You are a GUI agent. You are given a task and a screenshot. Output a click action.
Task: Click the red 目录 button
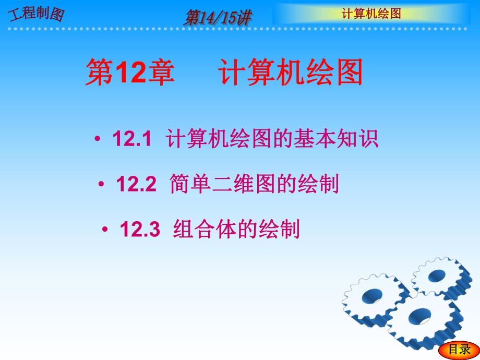pyautogui.click(x=460, y=350)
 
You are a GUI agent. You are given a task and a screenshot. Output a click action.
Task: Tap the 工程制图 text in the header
pyautogui.click(x=35, y=14)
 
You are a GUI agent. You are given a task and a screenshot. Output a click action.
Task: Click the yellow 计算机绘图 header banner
pyautogui.click(x=371, y=14)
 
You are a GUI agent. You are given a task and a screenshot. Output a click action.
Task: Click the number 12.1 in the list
pyautogui.click(x=131, y=140)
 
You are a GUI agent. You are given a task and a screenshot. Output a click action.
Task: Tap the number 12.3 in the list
pyautogui.click(x=139, y=229)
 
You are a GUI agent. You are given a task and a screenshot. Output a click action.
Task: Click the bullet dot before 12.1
pyautogui.click(x=98, y=140)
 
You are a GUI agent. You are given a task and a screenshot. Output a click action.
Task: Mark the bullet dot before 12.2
pyautogui.click(x=101, y=185)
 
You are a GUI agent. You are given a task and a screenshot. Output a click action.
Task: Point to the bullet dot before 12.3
pyautogui.click(x=105, y=230)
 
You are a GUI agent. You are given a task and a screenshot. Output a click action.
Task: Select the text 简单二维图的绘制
pyautogui.click(x=254, y=184)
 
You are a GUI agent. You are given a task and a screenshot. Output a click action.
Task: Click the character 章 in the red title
pyautogui.click(x=160, y=74)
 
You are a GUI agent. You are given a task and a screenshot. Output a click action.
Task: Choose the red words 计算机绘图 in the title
pyautogui.click(x=290, y=74)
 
